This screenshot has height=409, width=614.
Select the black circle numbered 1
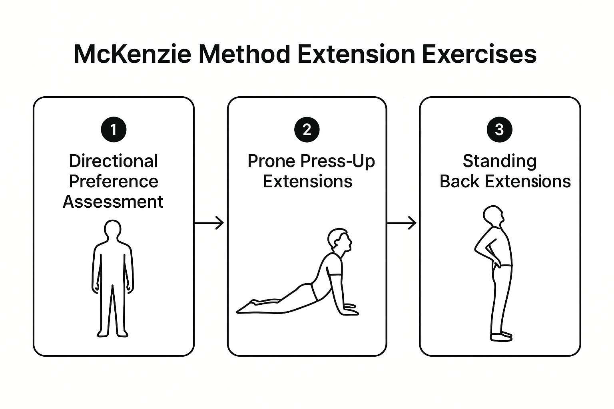(114, 129)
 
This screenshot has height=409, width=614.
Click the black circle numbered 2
(307, 129)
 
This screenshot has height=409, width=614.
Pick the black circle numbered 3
(499, 129)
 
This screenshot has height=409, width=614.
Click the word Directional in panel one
(114, 161)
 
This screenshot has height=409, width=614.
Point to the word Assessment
(113, 202)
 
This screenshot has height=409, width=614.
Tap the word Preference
(114, 181)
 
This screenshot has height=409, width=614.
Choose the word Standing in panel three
(500, 161)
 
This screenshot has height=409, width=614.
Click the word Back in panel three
(459, 181)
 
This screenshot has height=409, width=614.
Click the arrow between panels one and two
(209, 223)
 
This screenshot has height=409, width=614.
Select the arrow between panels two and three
(402, 223)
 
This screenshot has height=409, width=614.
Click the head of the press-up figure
(339, 240)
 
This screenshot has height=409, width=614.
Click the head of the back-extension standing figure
(493, 216)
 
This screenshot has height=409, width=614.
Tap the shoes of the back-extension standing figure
(501, 336)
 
